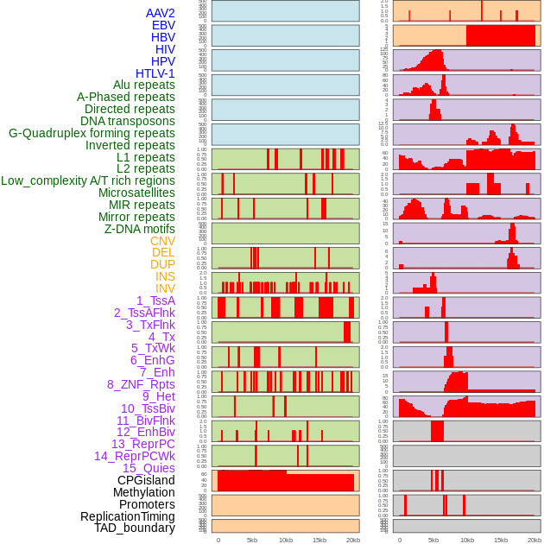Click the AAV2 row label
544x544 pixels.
(x=161, y=13)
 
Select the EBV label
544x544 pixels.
(x=163, y=25)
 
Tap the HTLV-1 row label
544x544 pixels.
(x=155, y=73)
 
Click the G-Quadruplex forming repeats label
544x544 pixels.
(x=92, y=133)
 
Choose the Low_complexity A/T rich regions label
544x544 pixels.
(x=88, y=180)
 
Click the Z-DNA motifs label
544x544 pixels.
(x=140, y=229)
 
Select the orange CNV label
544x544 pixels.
(x=162, y=241)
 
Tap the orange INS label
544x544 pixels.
(x=165, y=276)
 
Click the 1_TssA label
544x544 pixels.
(x=155, y=300)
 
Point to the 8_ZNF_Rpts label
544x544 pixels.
(x=141, y=384)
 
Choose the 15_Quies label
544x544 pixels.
(x=149, y=468)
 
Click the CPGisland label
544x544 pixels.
(x=146, y=480)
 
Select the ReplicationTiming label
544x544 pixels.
(x=128, y=516)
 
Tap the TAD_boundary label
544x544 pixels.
(x=135, y=528)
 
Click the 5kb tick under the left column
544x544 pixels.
(x=252, y=540)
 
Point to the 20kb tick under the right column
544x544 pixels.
(x=535, y=540)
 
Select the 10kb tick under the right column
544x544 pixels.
(x=467, y=540)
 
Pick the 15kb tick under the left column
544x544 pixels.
(x=319, y=540)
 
